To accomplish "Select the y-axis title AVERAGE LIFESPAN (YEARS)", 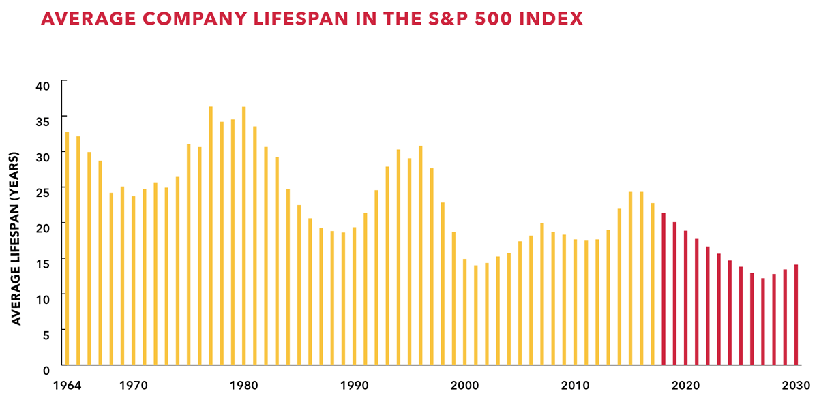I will click(17, 238).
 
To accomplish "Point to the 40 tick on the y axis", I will click(43, 85).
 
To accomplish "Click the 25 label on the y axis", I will click(43, 192).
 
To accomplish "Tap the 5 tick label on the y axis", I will click(46, 334).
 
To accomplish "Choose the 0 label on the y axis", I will click(46, 370).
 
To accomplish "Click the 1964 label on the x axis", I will click(67, 386).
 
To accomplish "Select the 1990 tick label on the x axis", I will click(354, 386).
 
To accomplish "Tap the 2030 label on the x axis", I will click(796, 386).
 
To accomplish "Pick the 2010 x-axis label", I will click(575, 386).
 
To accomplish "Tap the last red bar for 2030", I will click(796, 314).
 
